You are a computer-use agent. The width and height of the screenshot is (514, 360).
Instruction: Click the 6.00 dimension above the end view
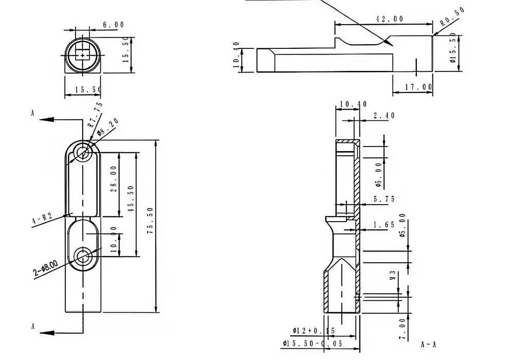click(113, 25)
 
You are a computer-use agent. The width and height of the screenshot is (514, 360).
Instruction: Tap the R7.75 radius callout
click(95, 115)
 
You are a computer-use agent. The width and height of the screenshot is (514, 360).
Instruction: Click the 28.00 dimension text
click(113, 178)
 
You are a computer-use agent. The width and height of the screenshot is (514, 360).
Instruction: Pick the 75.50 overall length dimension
click(150, 222)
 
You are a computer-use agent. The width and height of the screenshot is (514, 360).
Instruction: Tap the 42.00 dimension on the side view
click(389, 19)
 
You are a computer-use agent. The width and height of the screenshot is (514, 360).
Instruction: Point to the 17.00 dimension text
click(417, 87)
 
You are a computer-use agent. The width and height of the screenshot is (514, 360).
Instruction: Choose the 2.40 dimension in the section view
click(384, 116)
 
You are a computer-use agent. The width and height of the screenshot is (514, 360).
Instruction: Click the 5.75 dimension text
click(384, 199)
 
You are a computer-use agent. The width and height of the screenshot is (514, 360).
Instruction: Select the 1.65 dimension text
click(384, 225)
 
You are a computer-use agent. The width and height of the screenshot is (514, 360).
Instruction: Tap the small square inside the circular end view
click(82, 53)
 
